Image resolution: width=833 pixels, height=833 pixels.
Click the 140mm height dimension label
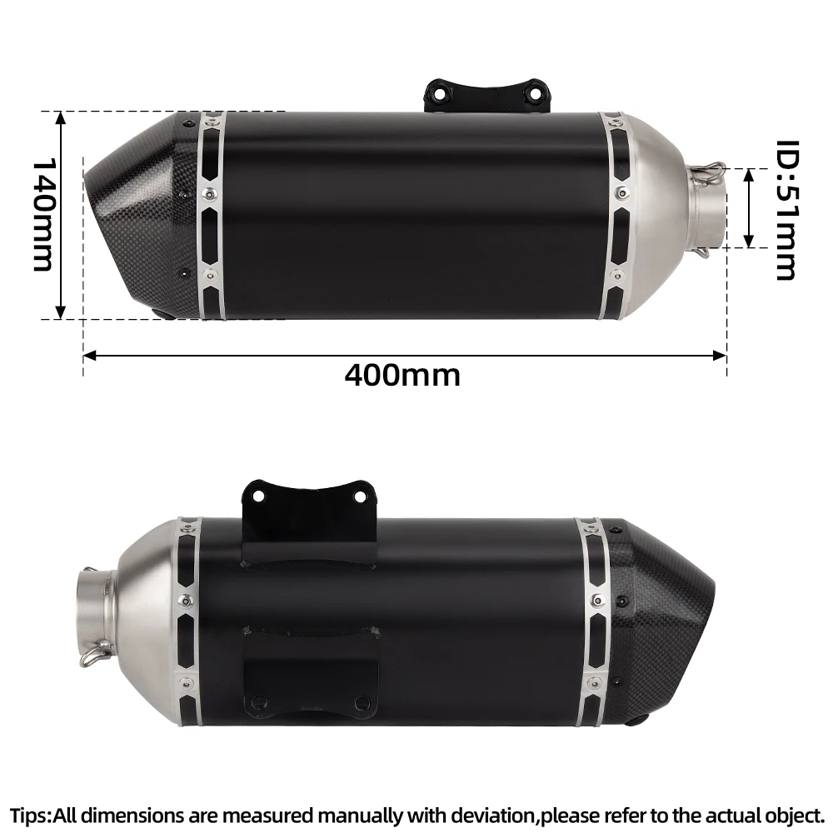(x=43, y=215)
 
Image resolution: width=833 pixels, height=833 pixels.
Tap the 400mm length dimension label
(x=402, y=376)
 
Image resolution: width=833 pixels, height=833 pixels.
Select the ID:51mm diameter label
(x=788, y=210)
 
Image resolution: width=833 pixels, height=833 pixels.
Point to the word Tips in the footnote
(x=30, y=815)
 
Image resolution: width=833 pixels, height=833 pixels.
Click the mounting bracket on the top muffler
(x=487, y=96)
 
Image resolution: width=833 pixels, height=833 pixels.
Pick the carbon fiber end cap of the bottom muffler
(x=659, y=621)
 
